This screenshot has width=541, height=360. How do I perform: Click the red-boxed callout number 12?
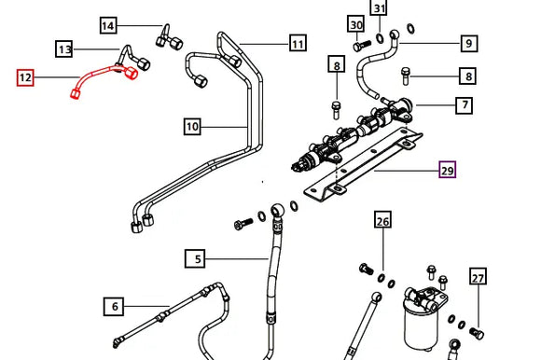pos(25,77)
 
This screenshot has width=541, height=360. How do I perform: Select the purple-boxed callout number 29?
pos(448,170)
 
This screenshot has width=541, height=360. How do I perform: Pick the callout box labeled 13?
pos(64,48)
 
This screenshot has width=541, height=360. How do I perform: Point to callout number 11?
pos(298,43)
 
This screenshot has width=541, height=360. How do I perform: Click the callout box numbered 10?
pos(192,126)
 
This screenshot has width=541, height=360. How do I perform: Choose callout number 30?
pos(355,23)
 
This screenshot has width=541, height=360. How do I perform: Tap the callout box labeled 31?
pos(380,9)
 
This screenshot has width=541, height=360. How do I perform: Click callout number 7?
pos(464,106)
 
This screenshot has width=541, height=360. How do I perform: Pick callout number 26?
pos(383,221)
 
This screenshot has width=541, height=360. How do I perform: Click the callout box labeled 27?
pos(479,277)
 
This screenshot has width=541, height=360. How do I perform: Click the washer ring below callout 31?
pos(380,38)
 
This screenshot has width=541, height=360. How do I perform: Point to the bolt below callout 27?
pos(478,332)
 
